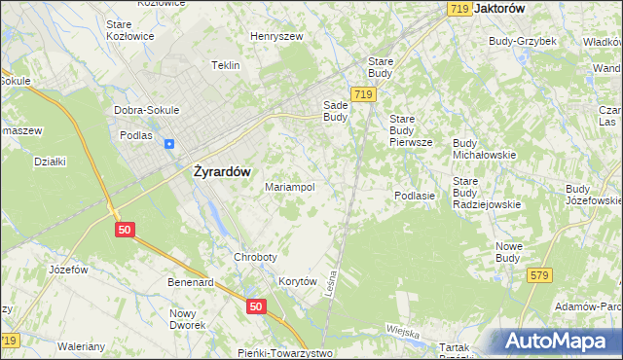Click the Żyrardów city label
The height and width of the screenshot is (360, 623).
tap(216, 171)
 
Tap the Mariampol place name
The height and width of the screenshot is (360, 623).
tap(289, 187)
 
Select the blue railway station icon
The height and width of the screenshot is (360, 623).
tap(169, 144)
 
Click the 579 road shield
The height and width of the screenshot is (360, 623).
tap(540, 276)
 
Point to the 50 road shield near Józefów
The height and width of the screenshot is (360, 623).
tap(123, 229)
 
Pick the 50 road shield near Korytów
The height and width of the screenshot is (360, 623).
tap(255, 306)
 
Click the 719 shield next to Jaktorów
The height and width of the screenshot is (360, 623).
tap(460, 8)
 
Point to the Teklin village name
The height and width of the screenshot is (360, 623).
tap(225, 65)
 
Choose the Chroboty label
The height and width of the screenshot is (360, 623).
tap(255, 257)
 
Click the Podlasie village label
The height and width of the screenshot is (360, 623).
tap(414, 196)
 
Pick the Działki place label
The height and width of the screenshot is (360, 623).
tap(49, 162)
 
